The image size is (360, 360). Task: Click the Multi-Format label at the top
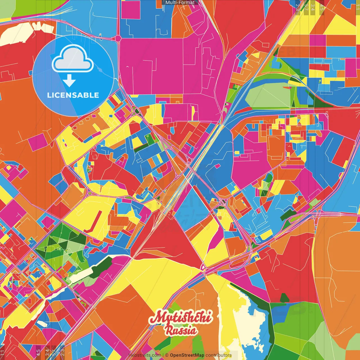180,3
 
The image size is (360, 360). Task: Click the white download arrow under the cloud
69,81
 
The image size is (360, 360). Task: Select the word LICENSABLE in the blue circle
73,95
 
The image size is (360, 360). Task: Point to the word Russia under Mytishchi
181,330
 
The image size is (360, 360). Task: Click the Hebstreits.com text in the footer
145,355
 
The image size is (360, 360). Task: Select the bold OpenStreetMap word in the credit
187,355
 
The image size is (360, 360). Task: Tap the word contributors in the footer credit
219,355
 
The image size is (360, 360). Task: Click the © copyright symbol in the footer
167,355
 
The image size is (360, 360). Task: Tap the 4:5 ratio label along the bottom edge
38,352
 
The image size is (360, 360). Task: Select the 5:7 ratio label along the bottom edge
54,352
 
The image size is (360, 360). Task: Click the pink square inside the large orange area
38,142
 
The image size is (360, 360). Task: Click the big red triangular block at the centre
169,239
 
